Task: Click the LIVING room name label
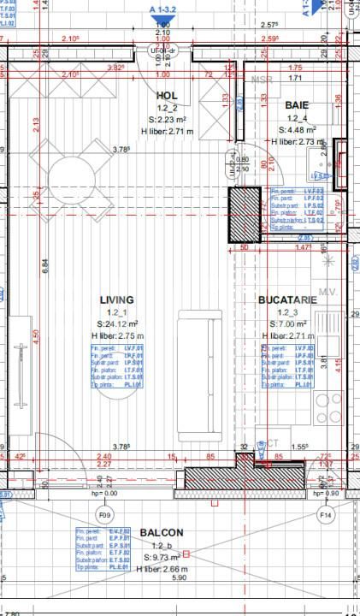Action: coord(116,300)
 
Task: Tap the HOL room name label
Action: coord(168,96)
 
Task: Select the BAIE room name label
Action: coord(298,104)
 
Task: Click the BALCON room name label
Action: coord(161,532)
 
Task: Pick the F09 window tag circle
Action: coord(105,515)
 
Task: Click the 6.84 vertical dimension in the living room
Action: coord(45,265)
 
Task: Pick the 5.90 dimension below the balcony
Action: coord(179,578)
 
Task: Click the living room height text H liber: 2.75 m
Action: coord(118,336)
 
